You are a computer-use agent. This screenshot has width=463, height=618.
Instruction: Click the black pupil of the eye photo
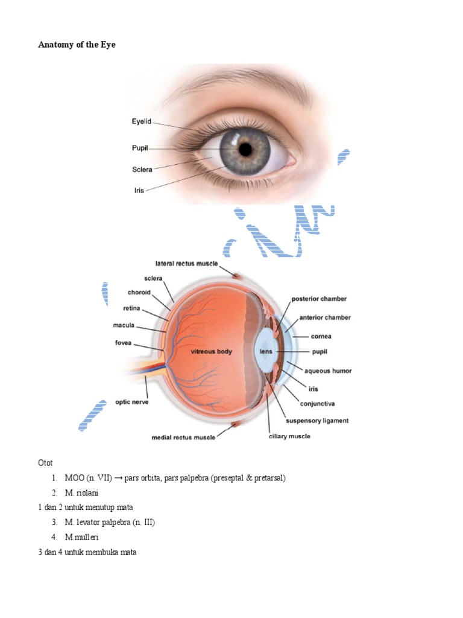pyautogui.click(x=245, y=148)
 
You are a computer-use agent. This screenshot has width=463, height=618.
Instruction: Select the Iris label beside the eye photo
pyautogui.click(x=139, y=190)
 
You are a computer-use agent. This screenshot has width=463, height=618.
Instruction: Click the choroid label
pyautogui.click(x=140, y=293)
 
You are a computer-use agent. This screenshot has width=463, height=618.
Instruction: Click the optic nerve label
pyautogui.click(x=132, y=401)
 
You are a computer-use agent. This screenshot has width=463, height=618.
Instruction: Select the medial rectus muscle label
pyautogui.click(x=181, y=438)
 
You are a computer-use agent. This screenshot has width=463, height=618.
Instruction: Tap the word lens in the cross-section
pyautogui.click(x=265, y=351)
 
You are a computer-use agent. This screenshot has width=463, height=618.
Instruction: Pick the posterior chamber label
pyautogui.click(x=319, y=299)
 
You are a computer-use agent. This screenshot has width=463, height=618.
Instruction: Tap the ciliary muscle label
pyautogui.click(x=289, y=436)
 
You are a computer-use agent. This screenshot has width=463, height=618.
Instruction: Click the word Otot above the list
pyautogui.click(x=45, y=463)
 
